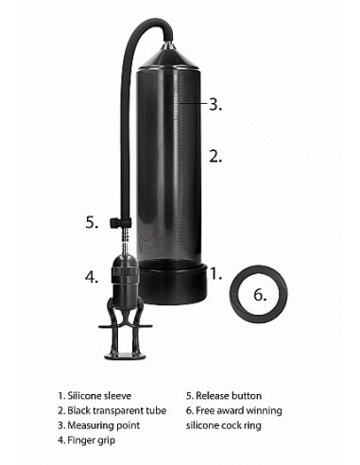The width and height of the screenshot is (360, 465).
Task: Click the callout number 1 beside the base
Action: click(214, 274)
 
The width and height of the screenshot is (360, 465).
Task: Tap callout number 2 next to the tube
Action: click(215, 156)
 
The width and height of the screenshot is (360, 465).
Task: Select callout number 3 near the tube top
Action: click(214, 105)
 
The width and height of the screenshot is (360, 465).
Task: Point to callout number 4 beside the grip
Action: click(91, 277)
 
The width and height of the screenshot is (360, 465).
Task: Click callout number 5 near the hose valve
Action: click(91, 223)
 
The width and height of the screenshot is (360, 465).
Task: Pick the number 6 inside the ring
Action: click(261, 293)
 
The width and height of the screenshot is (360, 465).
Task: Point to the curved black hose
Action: click(126, 95)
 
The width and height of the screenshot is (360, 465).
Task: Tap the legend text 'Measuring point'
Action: click(98, 425)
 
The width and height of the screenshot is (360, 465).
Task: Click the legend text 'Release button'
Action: click(228, 396)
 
